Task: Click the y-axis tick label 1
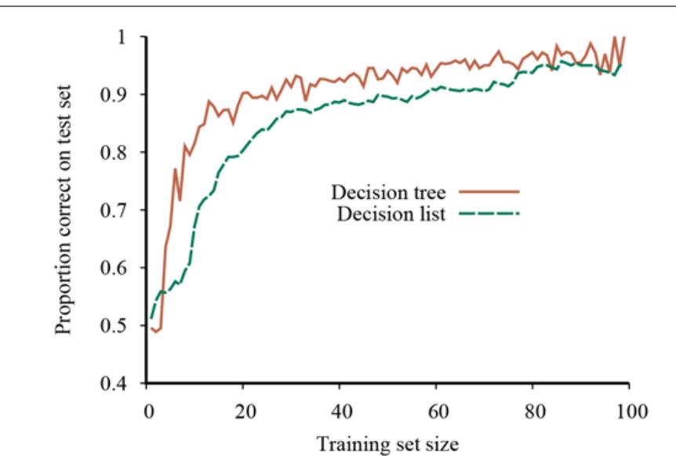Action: point(125,38)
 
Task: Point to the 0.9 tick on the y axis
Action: point(119,96)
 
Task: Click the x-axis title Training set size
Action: point(387,443)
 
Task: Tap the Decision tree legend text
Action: point(389,193)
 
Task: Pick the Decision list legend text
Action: point(391,214)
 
